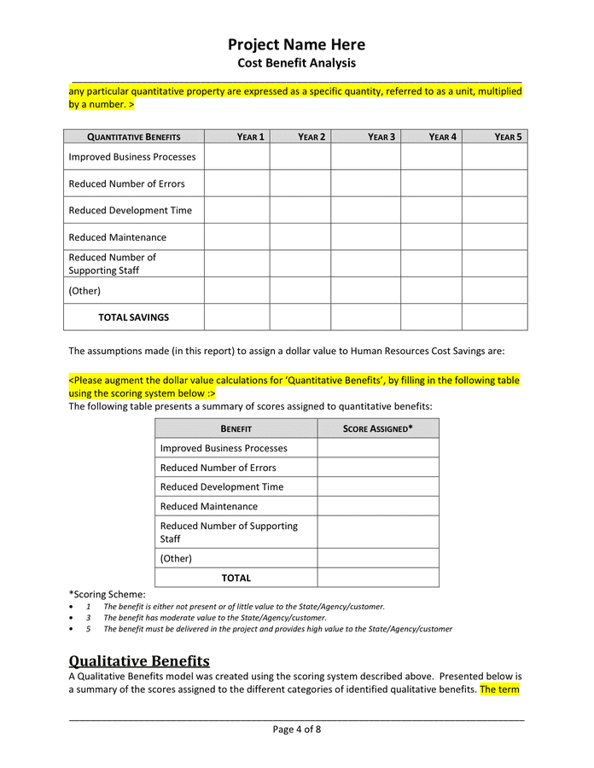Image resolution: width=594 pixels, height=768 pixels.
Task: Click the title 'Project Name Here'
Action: tap(296, 44)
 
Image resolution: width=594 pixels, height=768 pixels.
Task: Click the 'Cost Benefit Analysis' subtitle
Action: tap(296, 63)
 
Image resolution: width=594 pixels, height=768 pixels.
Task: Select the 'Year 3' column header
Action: tap(381, 137)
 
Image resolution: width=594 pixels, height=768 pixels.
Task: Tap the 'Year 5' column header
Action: tap(508, 137)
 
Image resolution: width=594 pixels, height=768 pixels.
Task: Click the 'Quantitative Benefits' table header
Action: tap(134, 137)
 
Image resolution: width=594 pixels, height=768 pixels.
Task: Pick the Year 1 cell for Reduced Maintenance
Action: tap(236, 237)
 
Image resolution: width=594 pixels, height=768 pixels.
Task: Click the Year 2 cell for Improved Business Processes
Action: tap(300, 157)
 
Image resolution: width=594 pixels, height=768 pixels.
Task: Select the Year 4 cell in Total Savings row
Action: tap(431, 317)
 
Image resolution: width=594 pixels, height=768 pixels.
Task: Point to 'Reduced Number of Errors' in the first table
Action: tap(126, 183)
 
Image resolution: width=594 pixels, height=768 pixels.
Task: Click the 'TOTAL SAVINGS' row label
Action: tap(133, 317)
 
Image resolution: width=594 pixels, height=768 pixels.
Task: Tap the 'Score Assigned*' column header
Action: tap(378, 428)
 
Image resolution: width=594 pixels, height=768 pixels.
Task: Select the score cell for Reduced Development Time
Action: tap(378, 487)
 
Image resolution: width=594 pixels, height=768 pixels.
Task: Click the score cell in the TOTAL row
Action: tap(378, 578)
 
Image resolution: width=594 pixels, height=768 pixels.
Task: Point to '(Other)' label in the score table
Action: tap(176, 558)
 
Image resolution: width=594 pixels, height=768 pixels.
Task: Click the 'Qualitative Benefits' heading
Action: tap(139, 661)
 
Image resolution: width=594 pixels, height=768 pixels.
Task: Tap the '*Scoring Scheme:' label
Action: tap(107, 594)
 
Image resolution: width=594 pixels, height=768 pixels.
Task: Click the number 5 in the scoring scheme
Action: tap(88, 629)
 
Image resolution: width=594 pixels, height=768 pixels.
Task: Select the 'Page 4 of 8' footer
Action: tap(296, 730)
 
